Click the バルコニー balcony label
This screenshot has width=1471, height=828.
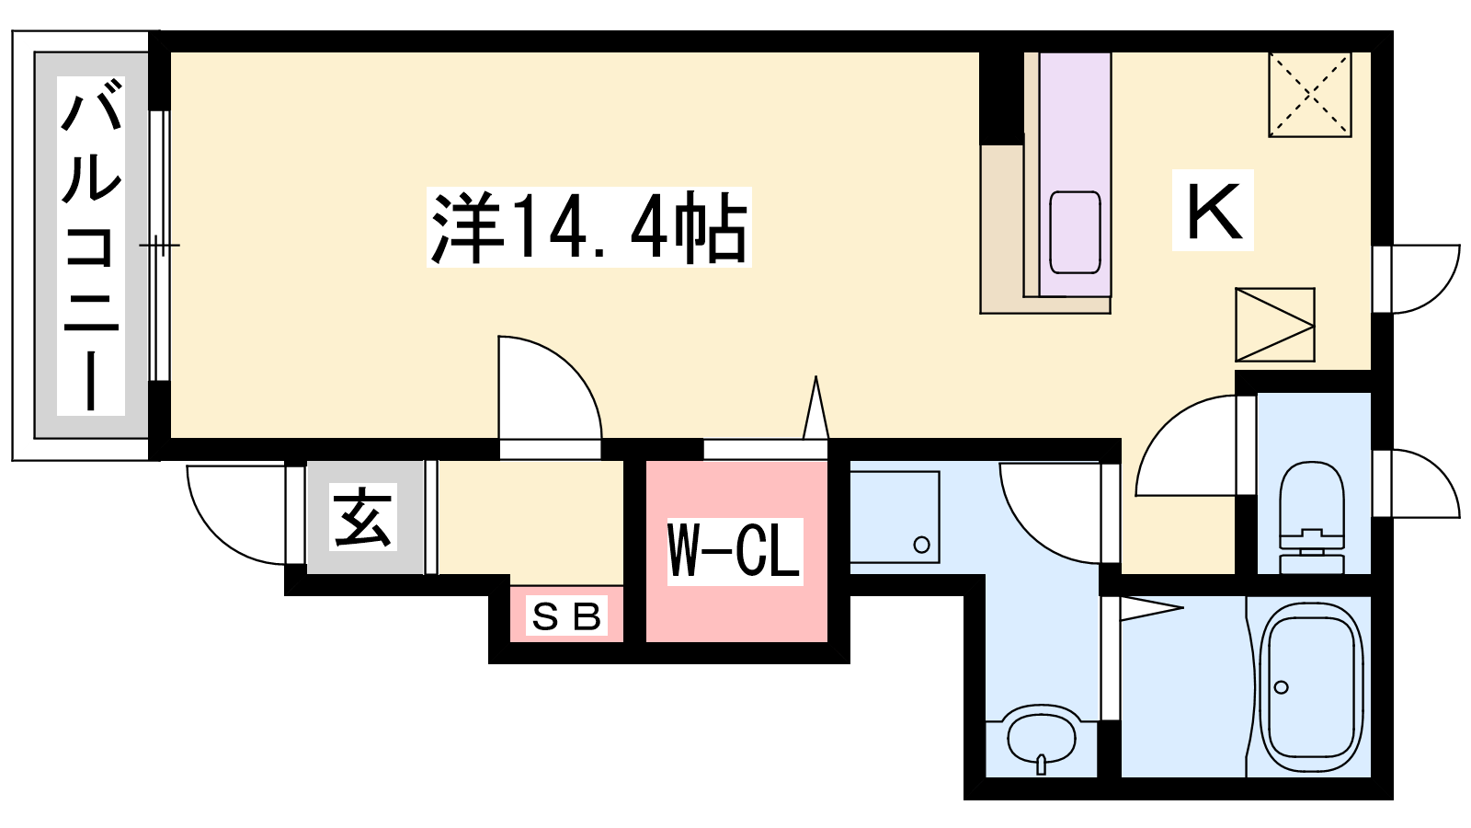tap(91, 245)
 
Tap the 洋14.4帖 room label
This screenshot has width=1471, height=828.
tap(589, 226)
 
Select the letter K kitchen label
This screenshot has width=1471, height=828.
tap(1213, 211)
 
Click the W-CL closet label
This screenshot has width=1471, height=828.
tap(735, 551)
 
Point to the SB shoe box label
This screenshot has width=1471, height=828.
tap(566, 616)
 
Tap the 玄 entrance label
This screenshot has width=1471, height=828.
tap(363, 516)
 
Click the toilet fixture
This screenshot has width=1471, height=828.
tap(1311, 517)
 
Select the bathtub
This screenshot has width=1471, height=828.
tap(1311, 686)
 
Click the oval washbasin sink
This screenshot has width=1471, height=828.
tap(1041, 737)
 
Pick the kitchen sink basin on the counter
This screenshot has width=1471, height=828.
tap(1075, 233)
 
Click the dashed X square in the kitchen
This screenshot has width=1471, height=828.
tap(1309, 96)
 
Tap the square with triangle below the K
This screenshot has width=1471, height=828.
tap(1274, 325)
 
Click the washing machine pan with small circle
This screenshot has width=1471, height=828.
tap(895, 516)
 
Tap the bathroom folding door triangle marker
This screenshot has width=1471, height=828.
tap(1151, 608)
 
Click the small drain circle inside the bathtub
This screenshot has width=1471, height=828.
tap(1281, 687)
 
